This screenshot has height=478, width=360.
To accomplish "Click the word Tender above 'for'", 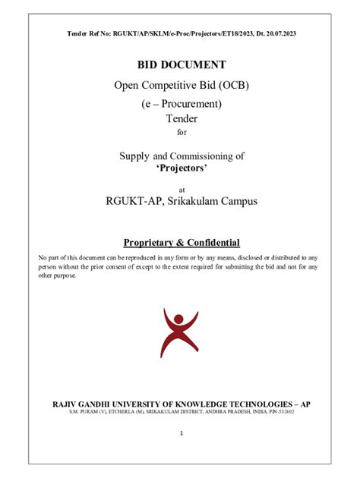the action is tap(181, 118).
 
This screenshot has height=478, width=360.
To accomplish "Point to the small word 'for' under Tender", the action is tap(181, 132).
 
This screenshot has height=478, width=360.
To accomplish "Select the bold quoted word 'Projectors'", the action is tap(181, 168).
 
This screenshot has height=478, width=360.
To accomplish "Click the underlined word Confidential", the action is tap(211, 243).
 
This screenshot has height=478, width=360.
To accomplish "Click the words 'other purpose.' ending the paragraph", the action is tap(58, 275).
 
